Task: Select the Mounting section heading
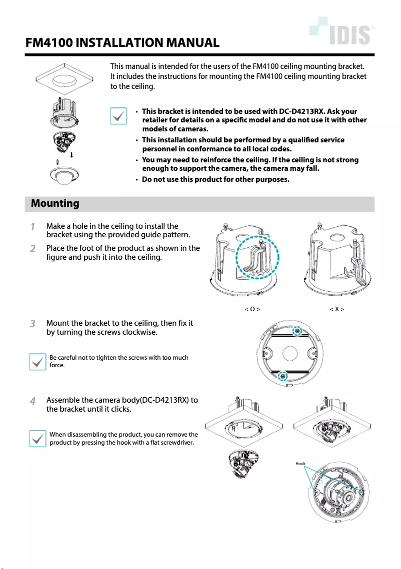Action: click(55, 203)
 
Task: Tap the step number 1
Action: click(32, 227)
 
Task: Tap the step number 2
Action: click(32, 249)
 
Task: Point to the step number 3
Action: click(32, 324)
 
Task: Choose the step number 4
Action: click(32, 401)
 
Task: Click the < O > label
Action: click(252, 309)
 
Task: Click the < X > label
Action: click(337, 309)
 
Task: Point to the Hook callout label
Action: click(300, 464)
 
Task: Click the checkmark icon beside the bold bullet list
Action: click(118, 116)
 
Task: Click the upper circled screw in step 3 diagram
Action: click(297, 331)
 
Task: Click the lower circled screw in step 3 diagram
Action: click(283, 376)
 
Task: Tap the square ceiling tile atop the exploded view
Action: click(64, 80)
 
